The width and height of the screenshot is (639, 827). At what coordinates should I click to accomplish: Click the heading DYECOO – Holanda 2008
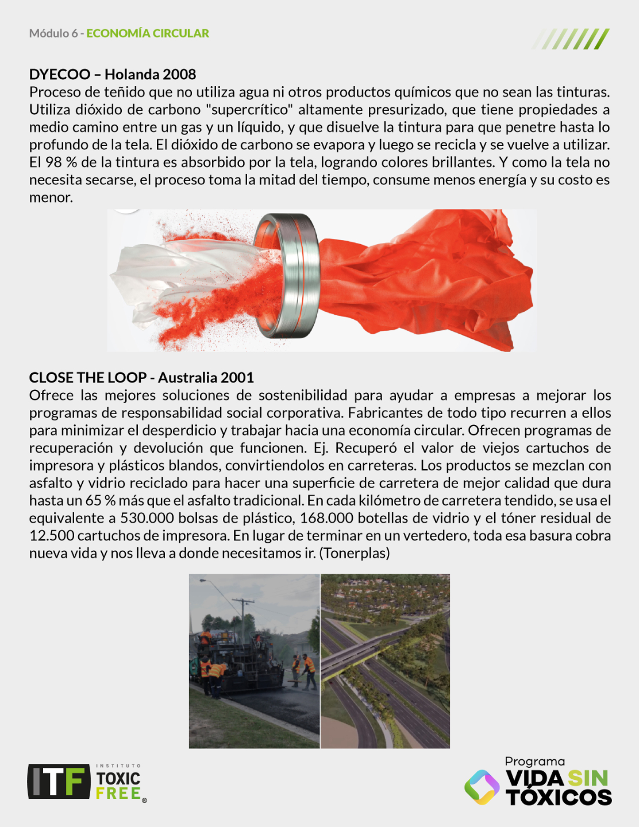113,74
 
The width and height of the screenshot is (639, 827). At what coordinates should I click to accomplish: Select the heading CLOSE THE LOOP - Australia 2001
141,377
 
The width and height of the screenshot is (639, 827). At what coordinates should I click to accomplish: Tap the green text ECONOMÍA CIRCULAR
148,33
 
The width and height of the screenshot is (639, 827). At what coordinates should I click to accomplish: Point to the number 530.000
147,518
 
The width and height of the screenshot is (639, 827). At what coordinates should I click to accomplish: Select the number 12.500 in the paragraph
52,536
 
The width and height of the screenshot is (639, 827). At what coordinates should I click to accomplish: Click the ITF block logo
59,781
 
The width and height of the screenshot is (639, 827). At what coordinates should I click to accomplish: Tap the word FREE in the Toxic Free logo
118,794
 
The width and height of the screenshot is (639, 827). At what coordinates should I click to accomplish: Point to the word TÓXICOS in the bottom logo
559,797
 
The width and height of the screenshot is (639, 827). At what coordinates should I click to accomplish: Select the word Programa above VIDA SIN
534,762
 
